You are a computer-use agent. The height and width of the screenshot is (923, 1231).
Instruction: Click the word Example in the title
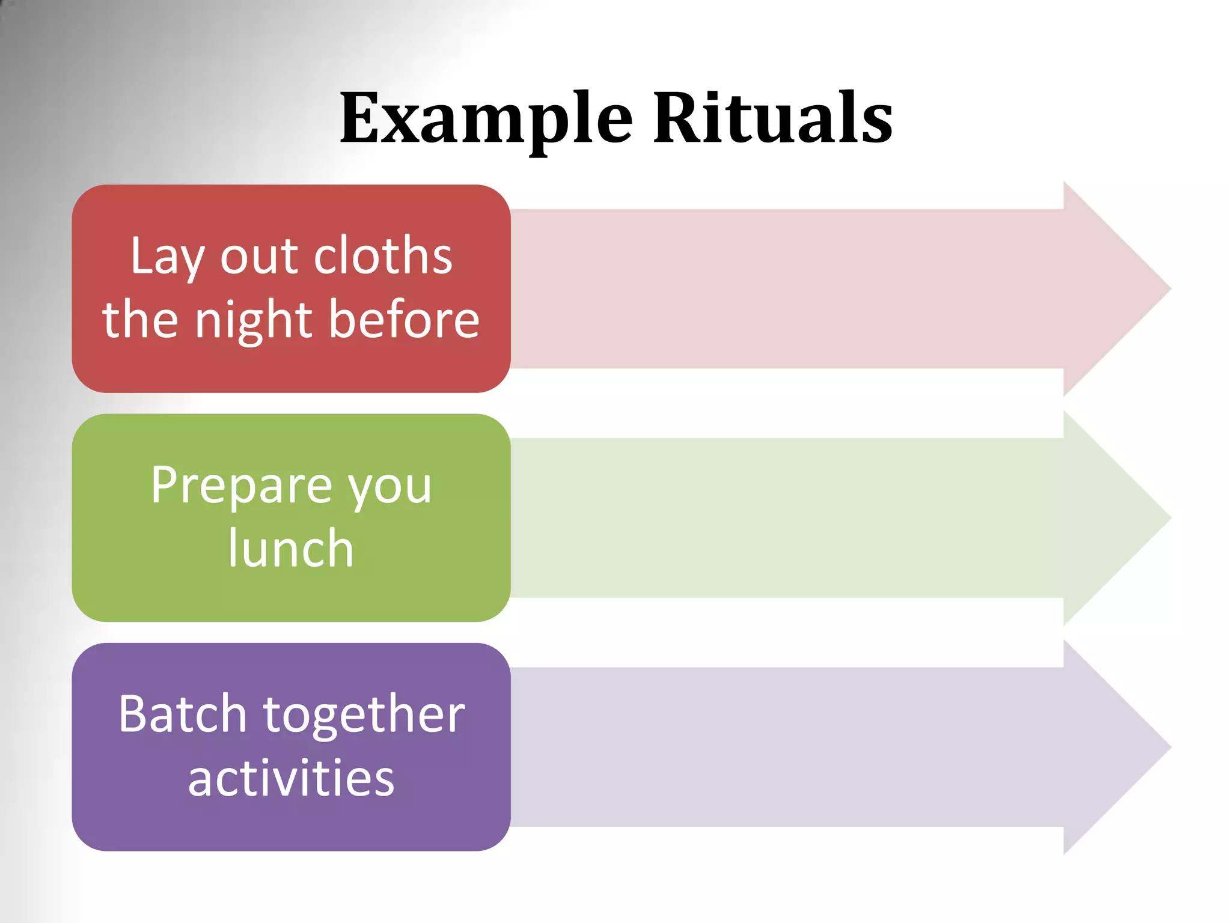click(486, 118)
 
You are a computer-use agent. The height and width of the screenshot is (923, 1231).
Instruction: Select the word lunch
click(291, 548)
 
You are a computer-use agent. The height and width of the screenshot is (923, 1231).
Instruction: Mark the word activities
click(291, 778)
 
